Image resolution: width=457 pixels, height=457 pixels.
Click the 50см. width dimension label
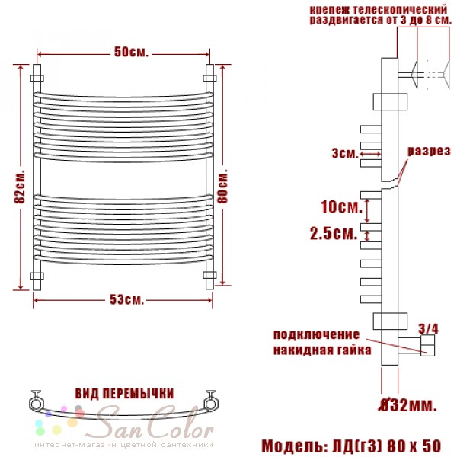(132, 52)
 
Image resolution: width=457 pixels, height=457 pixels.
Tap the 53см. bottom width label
(126, 299)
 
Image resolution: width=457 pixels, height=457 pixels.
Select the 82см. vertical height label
(20, 187)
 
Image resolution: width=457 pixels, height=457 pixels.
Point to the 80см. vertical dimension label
(223, 186)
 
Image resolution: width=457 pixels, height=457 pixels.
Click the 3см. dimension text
(345, 153)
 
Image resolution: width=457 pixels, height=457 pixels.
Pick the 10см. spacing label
(341, 206)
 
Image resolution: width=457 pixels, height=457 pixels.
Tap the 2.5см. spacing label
(334, 233)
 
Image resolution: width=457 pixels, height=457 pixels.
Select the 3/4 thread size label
(428, 329)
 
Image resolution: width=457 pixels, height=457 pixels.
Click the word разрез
(429, 152)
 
